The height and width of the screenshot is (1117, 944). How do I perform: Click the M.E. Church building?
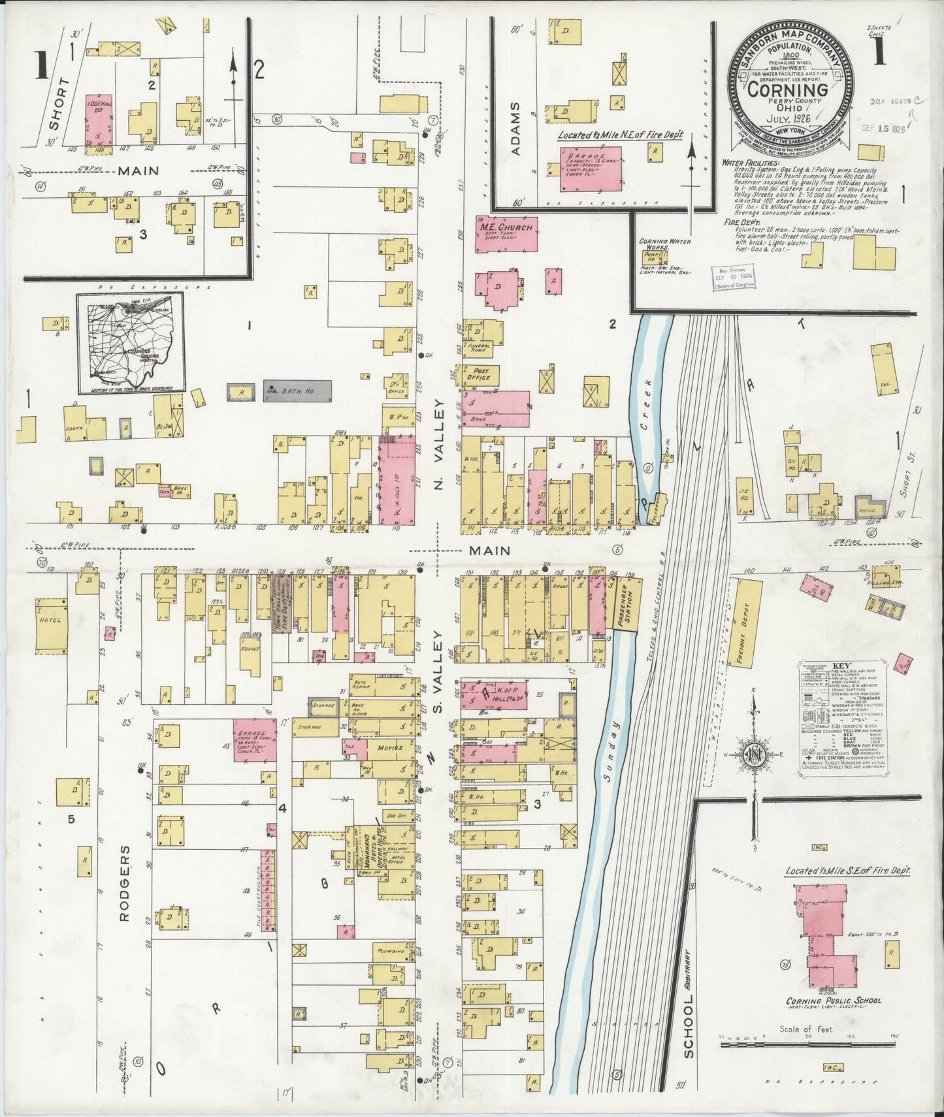pos(506,234)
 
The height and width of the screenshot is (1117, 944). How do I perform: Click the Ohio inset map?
pos(131,343)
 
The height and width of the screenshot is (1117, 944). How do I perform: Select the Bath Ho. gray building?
pos(297,391)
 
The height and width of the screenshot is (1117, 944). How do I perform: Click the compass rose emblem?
pos(754,758)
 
